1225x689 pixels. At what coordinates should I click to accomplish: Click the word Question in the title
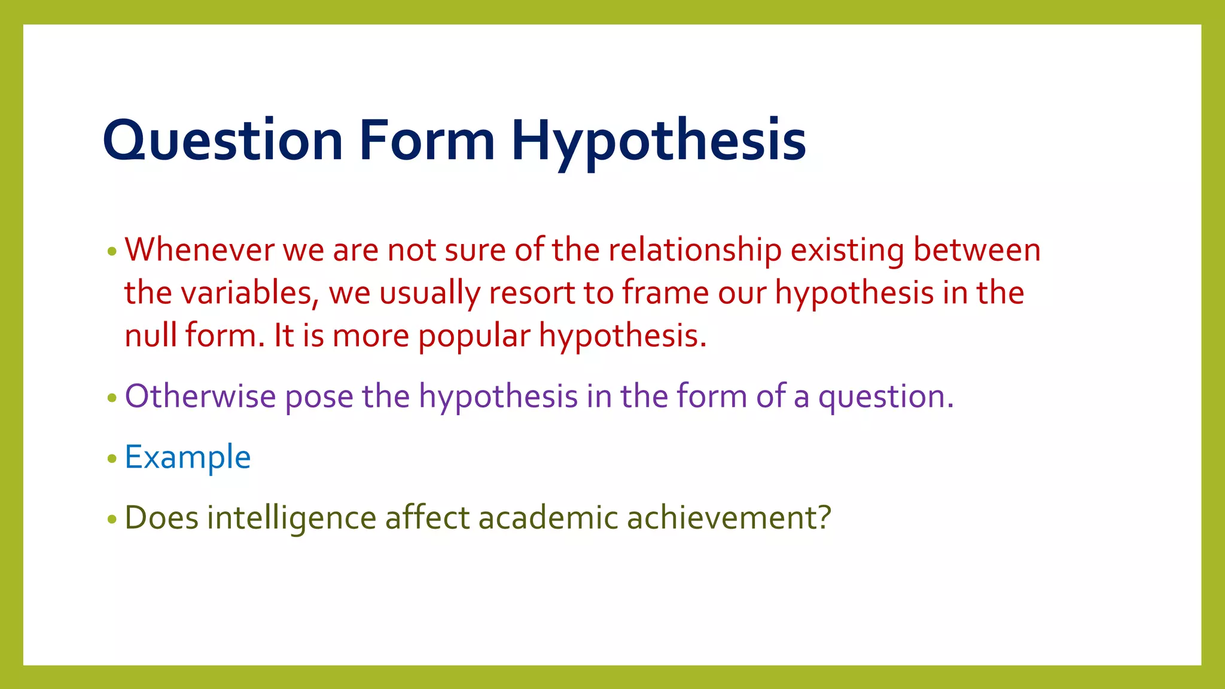223,141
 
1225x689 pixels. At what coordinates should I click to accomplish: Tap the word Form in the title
427,141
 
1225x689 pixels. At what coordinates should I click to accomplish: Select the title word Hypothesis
658,144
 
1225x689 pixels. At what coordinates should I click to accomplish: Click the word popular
474,337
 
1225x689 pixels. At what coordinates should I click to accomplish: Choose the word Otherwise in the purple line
200,396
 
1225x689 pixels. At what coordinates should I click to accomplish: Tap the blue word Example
187,458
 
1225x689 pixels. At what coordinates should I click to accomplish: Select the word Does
161,517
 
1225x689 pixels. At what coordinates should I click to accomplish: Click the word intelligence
291,519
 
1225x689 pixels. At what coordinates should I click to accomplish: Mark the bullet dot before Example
112,459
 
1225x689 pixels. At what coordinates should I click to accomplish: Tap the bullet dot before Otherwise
112,398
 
